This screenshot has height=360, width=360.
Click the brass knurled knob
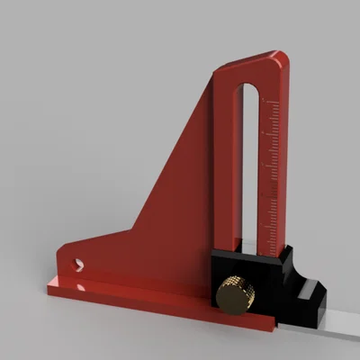(x=235, y=293)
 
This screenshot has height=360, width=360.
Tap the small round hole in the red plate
(x=78, y=265)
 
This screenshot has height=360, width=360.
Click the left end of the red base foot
(x=50, y=289)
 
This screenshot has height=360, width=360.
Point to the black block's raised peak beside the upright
(x=290, y=252)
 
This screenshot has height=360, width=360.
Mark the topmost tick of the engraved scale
(x=274, y=104)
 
